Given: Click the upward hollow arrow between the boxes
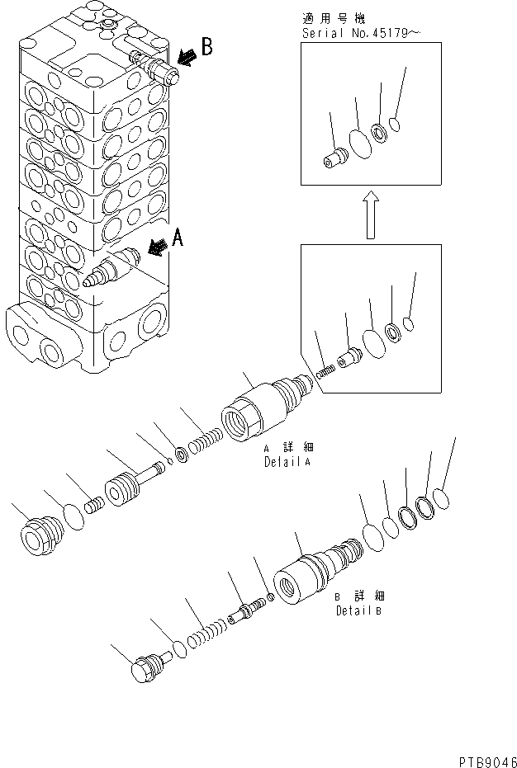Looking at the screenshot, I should [x=371, y=216].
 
